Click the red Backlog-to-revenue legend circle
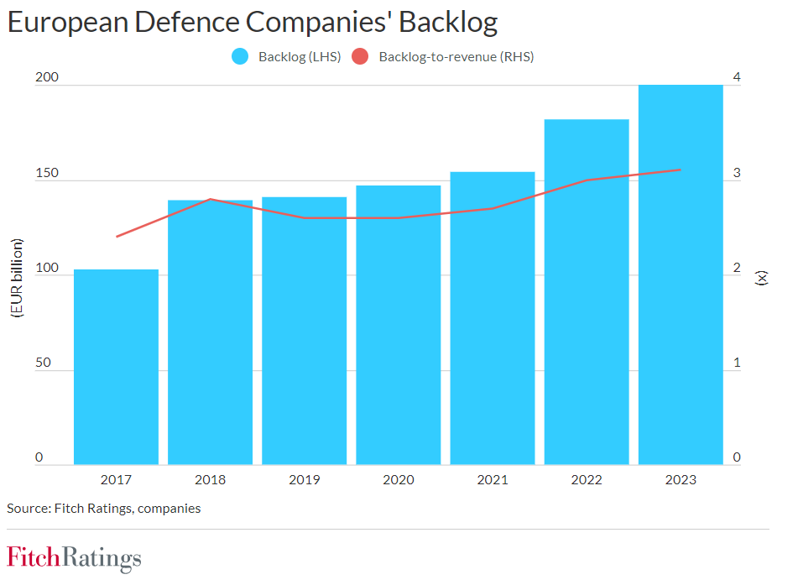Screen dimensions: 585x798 361,57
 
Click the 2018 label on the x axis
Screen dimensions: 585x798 210,480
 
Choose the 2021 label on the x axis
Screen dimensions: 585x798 493,480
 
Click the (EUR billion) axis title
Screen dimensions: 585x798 16,277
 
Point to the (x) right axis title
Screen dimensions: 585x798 762,277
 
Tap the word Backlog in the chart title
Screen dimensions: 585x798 448,22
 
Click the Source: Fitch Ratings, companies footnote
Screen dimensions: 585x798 103,508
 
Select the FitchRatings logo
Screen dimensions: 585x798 74,558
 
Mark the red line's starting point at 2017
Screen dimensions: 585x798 117,237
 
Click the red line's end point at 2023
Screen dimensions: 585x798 681,170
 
